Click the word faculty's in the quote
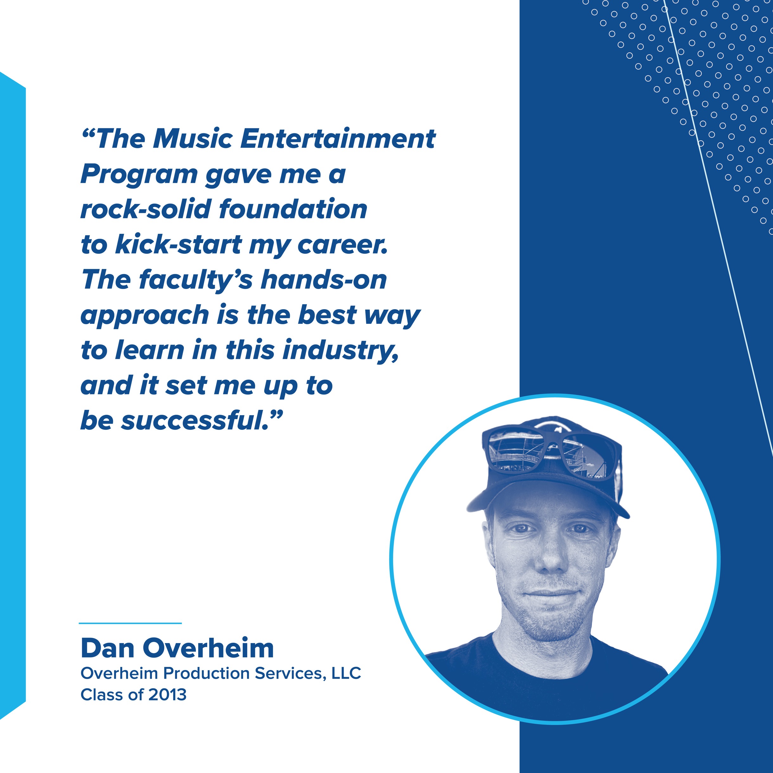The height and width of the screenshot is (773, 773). (x=196, y=280)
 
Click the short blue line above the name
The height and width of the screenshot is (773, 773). (x=131, y=623)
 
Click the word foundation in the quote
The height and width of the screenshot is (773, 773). (x=293, y=209)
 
